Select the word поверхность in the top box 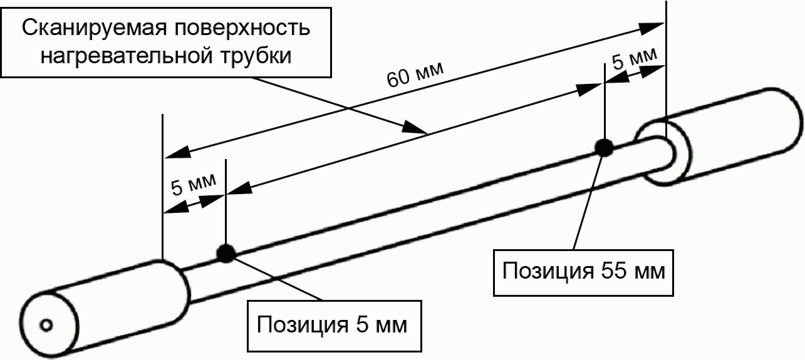[x=242, y=28]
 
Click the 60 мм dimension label [x=415, y=75]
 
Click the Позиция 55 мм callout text [x=584, y=271]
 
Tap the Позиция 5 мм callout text [x=332, y=324]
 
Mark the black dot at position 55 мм [x=605, y=148]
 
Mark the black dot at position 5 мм [x=226, y=253]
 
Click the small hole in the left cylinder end [x=46, y=326]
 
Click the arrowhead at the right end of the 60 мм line [x=652, y=28]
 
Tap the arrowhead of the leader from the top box [x=414, y=128]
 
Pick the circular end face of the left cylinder [x=49, y=325]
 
